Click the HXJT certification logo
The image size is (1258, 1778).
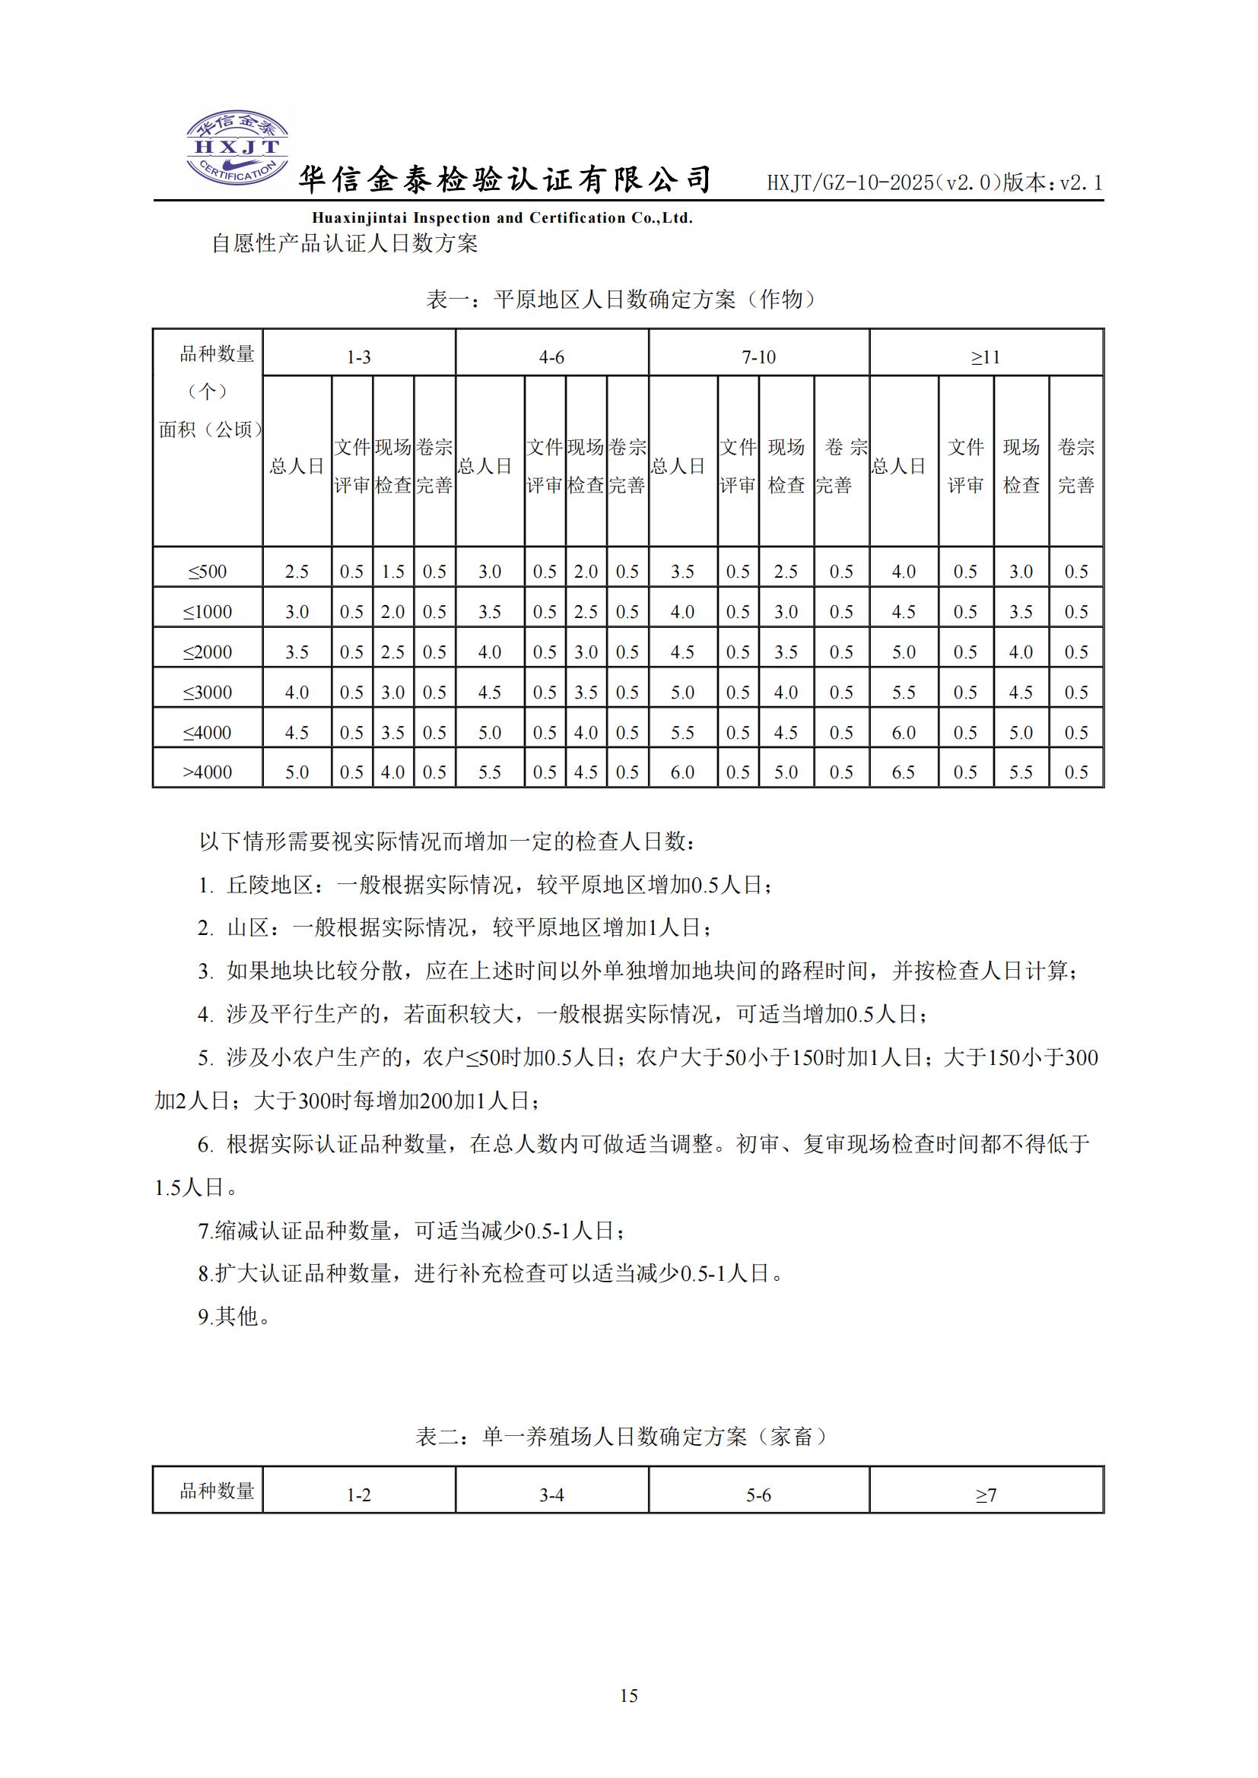coord(237,147)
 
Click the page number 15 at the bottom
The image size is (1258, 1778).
coord(628,1695)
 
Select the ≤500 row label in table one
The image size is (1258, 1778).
coord(208,572)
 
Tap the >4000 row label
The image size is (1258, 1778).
coord(208,772)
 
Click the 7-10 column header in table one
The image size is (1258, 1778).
coord(758,357)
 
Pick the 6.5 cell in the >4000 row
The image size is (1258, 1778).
coord(904,772)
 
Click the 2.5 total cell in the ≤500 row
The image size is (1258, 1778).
coord(297,572)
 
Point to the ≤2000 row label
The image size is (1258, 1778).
coord(208,652)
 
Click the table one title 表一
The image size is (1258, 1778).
coord(621,299)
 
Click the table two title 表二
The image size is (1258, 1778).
coord(621,1437)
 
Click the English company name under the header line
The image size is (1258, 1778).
coord(502,217)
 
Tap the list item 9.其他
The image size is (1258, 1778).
coord(234,1316)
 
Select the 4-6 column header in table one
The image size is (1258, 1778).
coord(551,357)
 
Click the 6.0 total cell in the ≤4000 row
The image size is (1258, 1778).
coord(904,733)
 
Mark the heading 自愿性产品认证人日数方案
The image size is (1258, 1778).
coord(345,243)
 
